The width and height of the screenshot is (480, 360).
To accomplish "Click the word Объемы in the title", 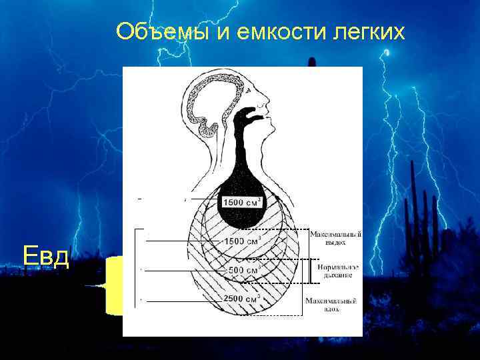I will coord(161,31).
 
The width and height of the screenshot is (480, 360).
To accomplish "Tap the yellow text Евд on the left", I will coord(45,255).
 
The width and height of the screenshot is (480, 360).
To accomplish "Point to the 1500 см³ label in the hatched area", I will coord(243,241).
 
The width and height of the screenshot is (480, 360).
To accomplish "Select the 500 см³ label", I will coord(244,270).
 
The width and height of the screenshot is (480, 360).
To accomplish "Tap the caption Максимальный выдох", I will coord(335,238).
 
